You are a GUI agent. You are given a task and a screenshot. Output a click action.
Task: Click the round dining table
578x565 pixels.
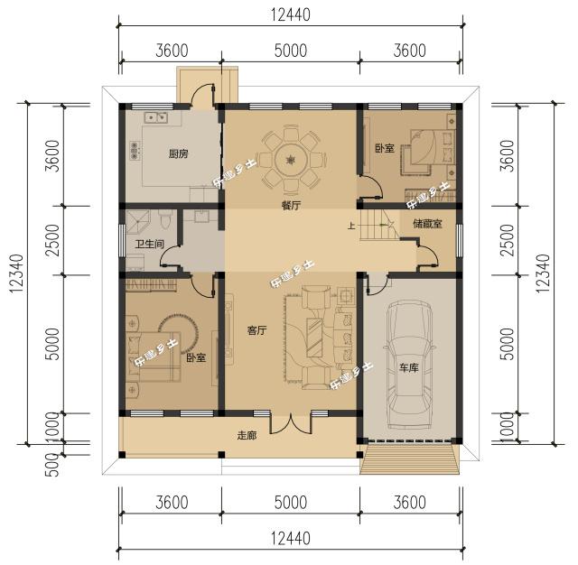click(291, 159)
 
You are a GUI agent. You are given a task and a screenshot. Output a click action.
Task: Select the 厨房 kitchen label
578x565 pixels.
click(178, 154)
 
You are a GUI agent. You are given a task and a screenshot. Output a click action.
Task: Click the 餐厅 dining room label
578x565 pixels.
click(291, 206)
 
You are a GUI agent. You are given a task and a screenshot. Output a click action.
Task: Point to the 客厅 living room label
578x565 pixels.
click(256, 330)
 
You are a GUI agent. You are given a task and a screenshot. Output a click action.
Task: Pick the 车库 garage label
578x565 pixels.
click(410, 368)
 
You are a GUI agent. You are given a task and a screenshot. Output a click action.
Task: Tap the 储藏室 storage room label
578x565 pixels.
click(427, 224)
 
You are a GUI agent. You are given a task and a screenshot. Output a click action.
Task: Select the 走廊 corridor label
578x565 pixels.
click(247, 435)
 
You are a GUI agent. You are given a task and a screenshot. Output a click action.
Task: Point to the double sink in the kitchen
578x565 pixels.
click(154, 116)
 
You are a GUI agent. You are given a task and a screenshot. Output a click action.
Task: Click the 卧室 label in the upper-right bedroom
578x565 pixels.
click(384, 148)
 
